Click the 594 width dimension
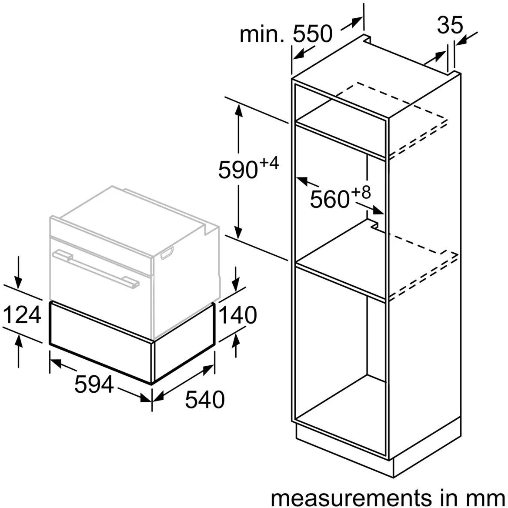click(94, 384)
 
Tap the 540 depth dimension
click(204, 399)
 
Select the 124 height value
click(22, 315)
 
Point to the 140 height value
click(237, 315)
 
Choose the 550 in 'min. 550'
click(312, 34)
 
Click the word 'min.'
click(262, 34)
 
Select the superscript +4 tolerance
click(268, 164)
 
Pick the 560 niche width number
click(329, 200)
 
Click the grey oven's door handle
click(96, 268)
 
